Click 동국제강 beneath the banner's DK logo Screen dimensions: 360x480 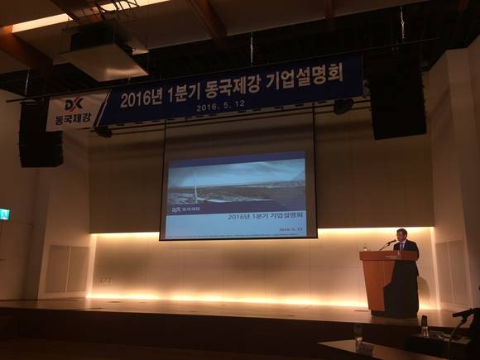72,120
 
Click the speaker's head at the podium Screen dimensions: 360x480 402,235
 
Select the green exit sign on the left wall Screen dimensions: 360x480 4,214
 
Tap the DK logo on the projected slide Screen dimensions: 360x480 175,210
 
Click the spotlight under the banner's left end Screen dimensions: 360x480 103,131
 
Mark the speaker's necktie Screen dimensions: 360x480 404,247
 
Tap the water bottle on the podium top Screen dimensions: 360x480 364,247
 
